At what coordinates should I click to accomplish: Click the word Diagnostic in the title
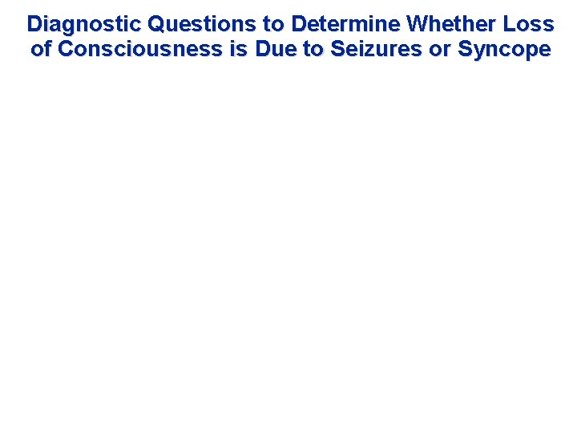click(84, 23)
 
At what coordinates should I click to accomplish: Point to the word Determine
click(345, 23)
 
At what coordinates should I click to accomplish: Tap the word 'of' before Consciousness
click(42, 49)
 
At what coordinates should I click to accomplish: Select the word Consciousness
click(140, 49)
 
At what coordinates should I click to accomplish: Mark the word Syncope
click(504, 50)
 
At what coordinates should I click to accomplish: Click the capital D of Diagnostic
click(34, 23)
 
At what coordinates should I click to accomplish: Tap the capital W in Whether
click(418, 23)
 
